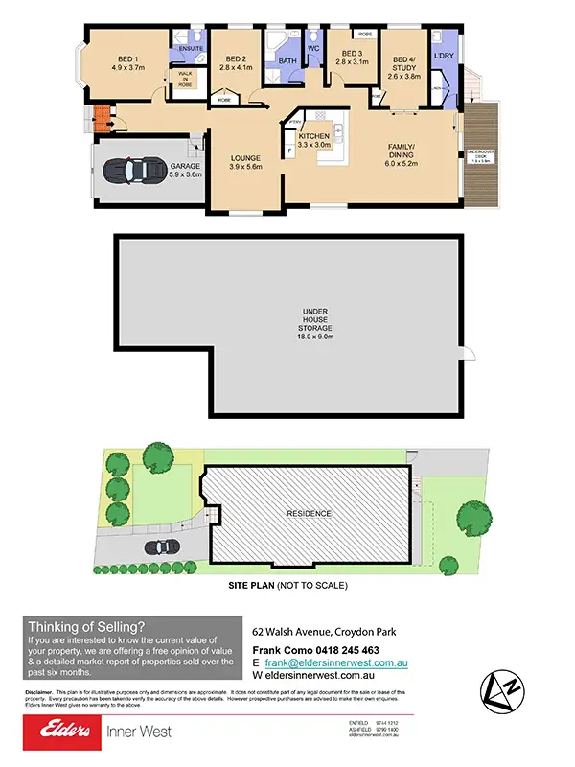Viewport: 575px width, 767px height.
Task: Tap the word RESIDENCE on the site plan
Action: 310,513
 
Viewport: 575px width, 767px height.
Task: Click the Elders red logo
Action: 61,733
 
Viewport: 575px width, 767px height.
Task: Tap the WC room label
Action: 312,48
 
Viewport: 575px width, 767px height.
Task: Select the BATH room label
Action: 287,61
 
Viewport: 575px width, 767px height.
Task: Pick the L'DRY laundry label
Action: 443,56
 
